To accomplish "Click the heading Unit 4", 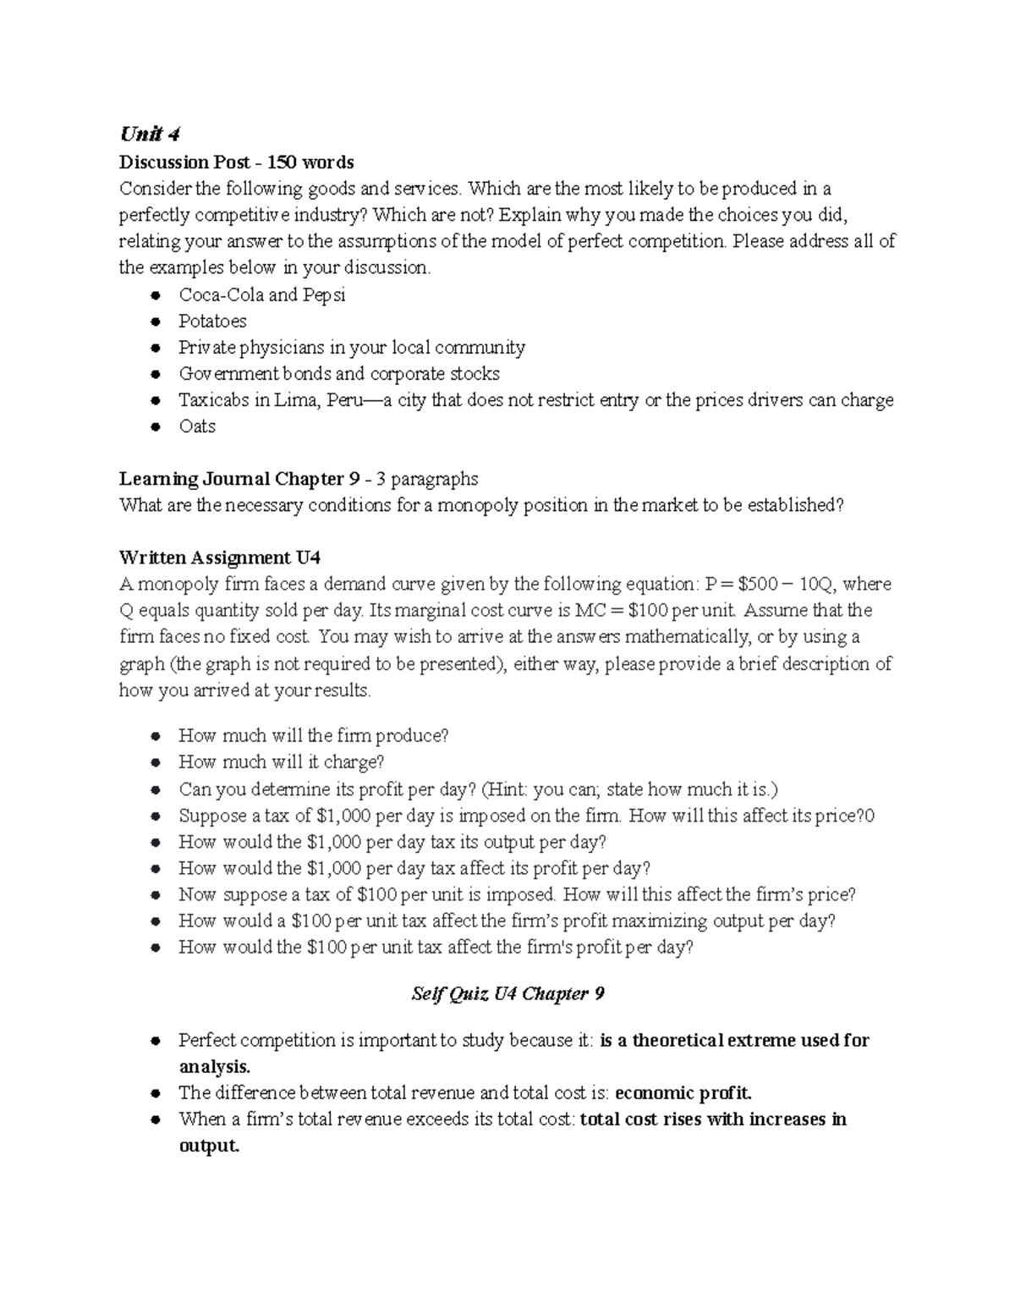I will click(150, 135).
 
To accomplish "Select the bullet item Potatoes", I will click(212, 322).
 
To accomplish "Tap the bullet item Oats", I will click(197, 426).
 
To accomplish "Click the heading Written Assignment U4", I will click(220, 558).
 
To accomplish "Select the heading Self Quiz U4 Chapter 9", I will click(507, 993).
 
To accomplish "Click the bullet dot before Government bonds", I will click(155, 375).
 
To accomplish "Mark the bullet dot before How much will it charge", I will click(155, 763).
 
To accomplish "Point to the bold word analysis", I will click(214, 1067).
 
